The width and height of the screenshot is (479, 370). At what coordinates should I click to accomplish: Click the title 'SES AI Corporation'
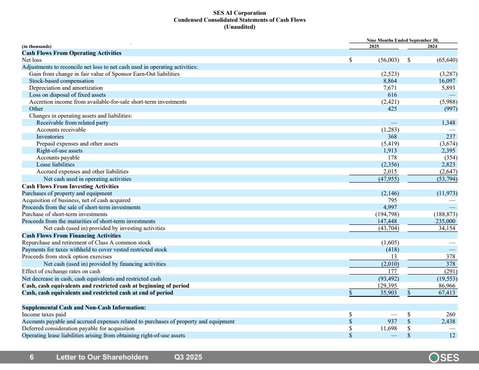point(239,13)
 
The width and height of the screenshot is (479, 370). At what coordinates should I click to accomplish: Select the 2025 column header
point(374,46)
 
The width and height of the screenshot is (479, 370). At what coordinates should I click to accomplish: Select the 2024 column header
point(432,46)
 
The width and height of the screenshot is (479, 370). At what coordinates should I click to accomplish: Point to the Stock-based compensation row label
point(61,81)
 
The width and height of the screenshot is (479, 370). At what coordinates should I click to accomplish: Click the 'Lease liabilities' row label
point(55,165)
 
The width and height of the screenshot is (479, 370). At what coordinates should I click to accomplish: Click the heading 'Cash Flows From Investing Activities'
point(70,186)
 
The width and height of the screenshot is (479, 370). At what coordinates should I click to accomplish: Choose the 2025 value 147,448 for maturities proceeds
point(387,221)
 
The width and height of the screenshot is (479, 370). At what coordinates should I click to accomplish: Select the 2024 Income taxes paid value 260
point(451,314)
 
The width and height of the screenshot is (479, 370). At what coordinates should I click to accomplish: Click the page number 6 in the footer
point(32,357)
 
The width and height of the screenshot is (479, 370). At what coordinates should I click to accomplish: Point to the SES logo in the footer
point(444,358)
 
